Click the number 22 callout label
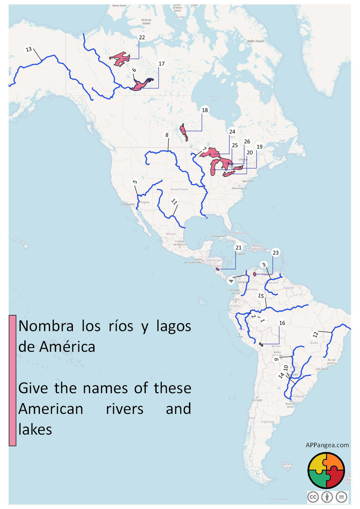(142, 37)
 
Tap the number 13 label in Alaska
(29, 49)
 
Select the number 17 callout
(161, 64)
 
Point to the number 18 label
(205, 110)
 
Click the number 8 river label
(167, 135)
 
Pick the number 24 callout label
(232, 132)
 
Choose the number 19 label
(259, 147)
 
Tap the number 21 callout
(238, 248)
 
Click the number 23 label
(276, 253)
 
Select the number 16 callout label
(282, 323)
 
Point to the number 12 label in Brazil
(315, 334)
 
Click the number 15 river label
(261, 296)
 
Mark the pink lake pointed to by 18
(184, 132)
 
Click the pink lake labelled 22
(120, 58)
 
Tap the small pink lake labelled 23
(254, 274)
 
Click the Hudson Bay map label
(214, 98)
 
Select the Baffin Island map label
(255, 41)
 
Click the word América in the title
(67, 347)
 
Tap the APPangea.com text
(327, 445)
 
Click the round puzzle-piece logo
(326, 471)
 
